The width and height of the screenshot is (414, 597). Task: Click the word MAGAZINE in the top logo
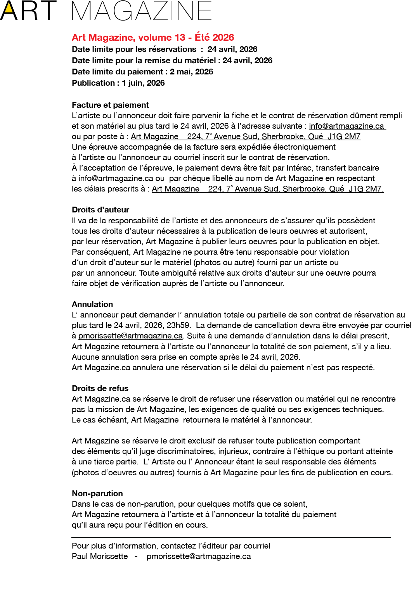[x=142, y=11]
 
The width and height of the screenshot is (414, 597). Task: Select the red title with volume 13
[x=153, y=37]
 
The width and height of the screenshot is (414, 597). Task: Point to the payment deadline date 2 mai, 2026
[x=191, y=72]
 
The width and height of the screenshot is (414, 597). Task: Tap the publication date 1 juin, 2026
[x=143, y=83]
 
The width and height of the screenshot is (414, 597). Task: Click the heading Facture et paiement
[x=110, y=105]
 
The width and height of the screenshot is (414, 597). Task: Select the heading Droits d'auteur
[x=100, y=210]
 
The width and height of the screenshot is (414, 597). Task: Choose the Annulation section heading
[x=92, y=304]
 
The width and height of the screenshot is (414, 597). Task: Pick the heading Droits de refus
[x=100, y=388]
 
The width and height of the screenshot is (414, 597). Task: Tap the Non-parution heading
[x=97, y=493]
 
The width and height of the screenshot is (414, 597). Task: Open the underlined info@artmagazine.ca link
[x=346, y=126]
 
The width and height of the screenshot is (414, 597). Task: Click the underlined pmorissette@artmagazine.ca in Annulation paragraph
[x=130, y=336]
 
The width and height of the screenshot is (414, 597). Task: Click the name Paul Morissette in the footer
[x=100, y=556]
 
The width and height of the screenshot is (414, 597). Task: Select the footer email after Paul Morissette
[x=199, y=556]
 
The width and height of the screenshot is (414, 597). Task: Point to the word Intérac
[x=300, y=168]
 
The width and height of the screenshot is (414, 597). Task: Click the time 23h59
[x=178, y=325]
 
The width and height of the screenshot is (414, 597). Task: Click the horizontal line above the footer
[x=231, y=538]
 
